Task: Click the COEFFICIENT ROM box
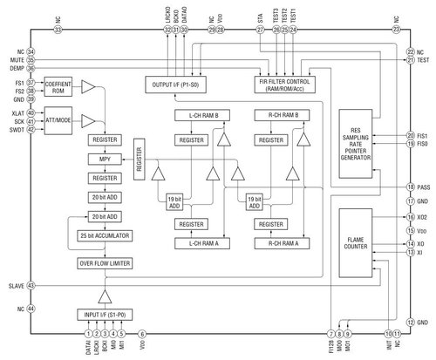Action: [x=58, y=87]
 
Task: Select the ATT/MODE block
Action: [x=58, y=120]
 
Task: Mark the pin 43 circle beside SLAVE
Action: [x=31, y=285]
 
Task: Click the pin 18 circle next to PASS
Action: [x=410, y=187]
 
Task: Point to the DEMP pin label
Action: [x=15, y=68]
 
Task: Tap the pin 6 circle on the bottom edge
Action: [x=143, y=334]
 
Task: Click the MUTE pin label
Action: [x=15, y=60]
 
